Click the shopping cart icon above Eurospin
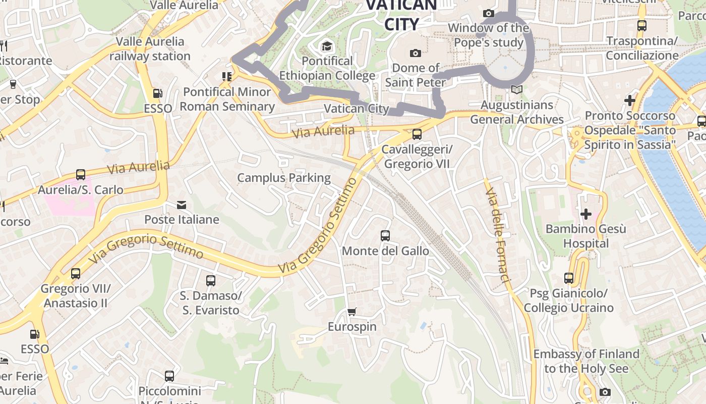click(351, 312)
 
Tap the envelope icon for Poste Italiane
click(182, 205)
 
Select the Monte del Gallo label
click(385, 251)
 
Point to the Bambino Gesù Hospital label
click(586, 236)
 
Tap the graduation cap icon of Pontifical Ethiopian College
click(327, 46)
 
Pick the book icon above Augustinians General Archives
click(516, 90)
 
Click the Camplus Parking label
click(284, 178)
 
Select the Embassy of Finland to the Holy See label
click(586, 361)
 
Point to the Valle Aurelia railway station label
click(150, 48)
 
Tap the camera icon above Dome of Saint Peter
click(416, 53)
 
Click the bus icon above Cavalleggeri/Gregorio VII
click(417, 134)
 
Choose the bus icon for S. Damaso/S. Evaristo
click(211, 280)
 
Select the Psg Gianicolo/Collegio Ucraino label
click(568, 300)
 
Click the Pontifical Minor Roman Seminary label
click(227, 99)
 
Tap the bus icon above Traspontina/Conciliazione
click(642, 25)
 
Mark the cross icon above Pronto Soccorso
click(630, 100)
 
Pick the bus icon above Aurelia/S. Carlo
click(81, 175)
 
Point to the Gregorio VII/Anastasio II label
click(75, 296)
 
